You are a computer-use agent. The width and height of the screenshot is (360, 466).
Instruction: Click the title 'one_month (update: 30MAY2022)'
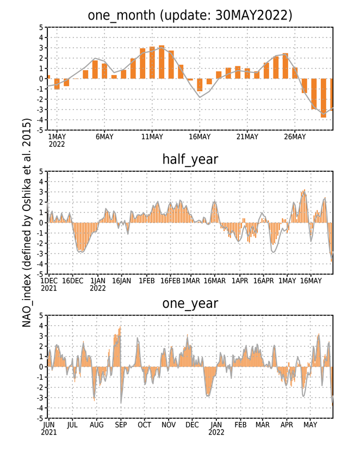click(x=190, y=15)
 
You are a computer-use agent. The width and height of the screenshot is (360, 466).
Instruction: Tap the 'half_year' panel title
click(x=190, y=160)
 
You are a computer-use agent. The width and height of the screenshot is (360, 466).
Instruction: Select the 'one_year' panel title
click(x=190, y=304)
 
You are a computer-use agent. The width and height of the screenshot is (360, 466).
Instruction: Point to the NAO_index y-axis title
click(x=27, y=223)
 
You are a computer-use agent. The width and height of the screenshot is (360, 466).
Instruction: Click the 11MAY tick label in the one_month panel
click(x=152, y=137)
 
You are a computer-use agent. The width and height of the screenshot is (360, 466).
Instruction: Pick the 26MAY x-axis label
click(x=295, y=137)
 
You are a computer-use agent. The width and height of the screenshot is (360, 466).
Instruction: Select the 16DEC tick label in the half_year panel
click(x=72, y=281)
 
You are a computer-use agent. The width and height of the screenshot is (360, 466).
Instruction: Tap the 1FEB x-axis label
click(x=147, y=281)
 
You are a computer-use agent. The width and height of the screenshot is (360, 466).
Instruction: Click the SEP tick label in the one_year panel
click(x=121, y=425)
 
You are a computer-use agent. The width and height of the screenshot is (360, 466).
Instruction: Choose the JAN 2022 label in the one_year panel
click(x=216, y=428)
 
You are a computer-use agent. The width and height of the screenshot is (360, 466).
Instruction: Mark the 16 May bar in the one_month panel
click(x=200, y=85)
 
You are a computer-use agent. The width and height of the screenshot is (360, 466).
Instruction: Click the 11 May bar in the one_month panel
click(x=152, y=63)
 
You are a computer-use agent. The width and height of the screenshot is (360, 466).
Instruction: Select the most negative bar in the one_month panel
click(x=324, y=98)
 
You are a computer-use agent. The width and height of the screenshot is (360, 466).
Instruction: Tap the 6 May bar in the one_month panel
click(x=104, y=71)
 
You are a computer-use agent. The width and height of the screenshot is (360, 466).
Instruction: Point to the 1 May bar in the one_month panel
click(x=57, y=84)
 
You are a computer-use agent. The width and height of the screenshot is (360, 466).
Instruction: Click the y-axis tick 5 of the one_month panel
click(x=41, y=27)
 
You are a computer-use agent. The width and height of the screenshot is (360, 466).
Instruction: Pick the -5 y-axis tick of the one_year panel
click(x=40, y=418)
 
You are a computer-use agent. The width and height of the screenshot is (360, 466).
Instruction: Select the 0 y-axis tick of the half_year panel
click(x=41, y=223)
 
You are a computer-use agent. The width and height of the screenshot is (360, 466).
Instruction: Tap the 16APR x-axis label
click(x=263, y=281)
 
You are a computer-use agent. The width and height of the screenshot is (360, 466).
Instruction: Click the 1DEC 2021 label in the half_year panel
click(x=49, y=284)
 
